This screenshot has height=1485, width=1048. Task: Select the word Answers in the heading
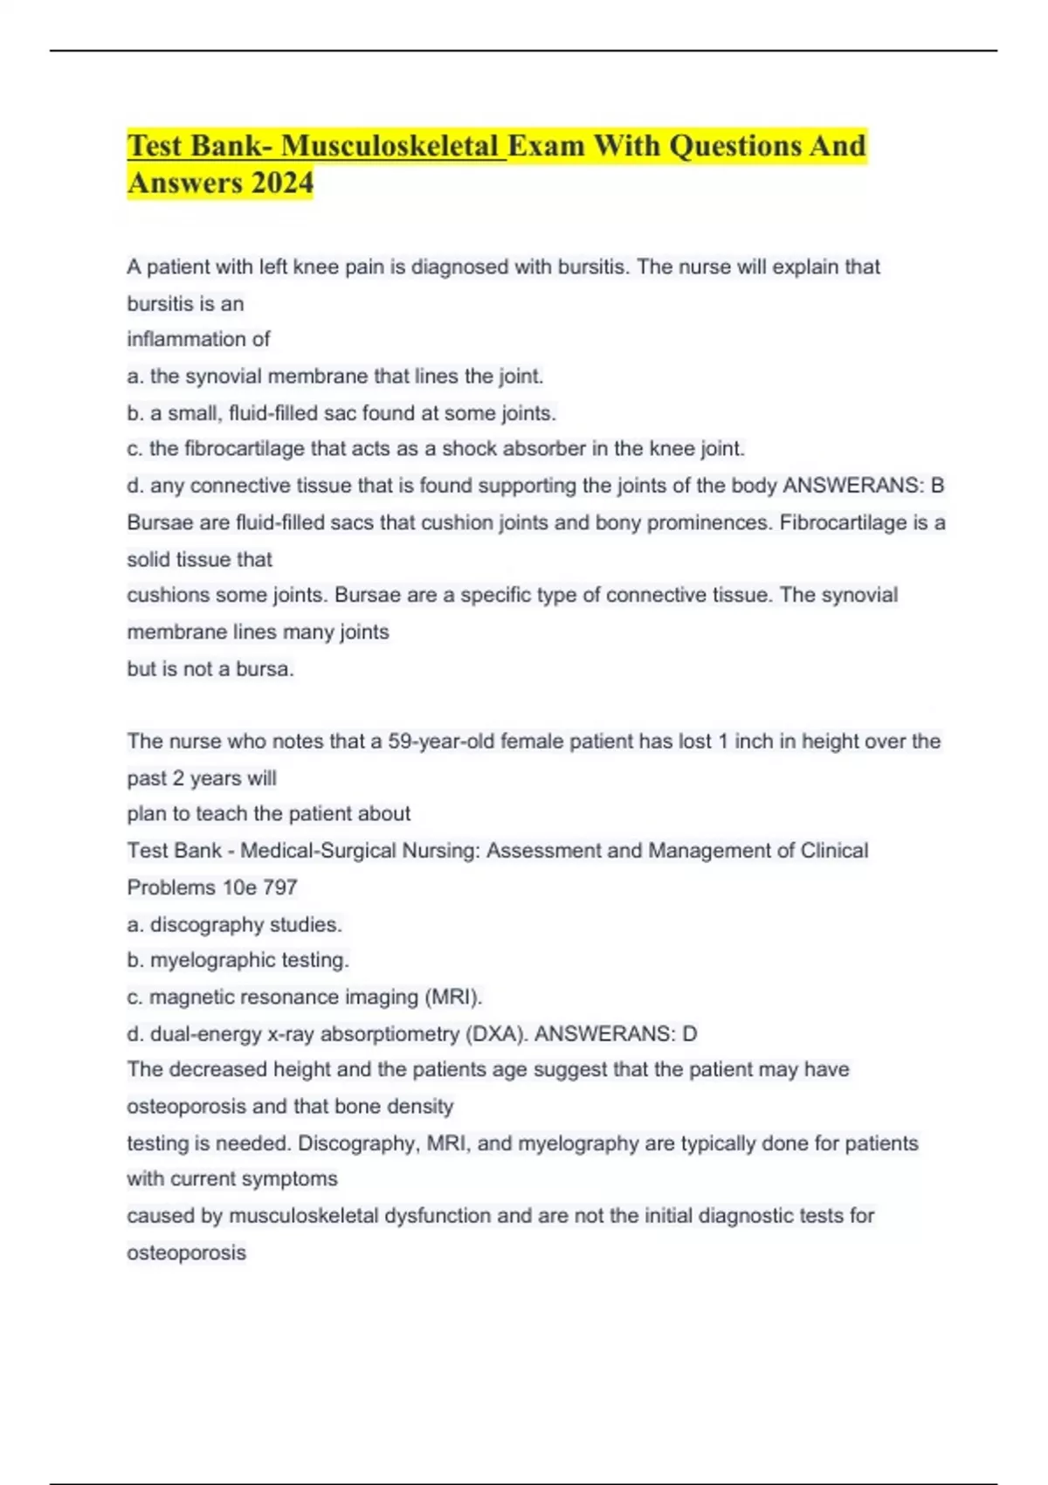click(x=184, y=183)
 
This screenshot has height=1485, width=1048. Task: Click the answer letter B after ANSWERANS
click(x=938, y=486)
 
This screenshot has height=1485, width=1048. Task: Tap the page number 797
click(x=280, y=888)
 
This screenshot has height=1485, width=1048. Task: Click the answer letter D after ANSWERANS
click(x=690, y=1034)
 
